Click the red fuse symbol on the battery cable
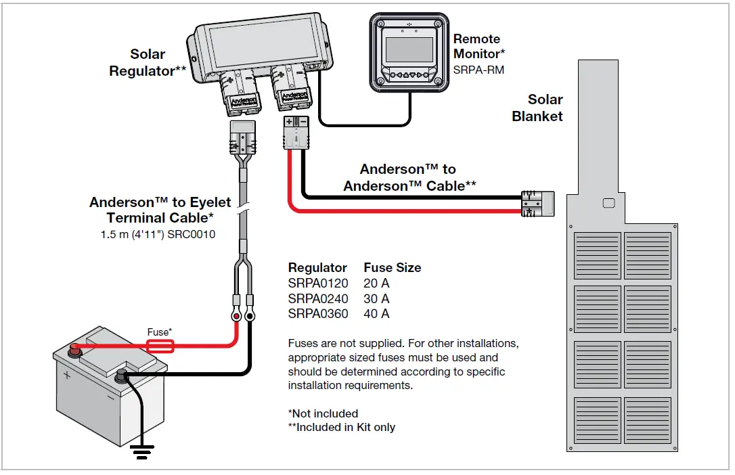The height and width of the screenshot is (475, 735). point(160,346)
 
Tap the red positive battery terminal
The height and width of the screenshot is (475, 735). point(74,349)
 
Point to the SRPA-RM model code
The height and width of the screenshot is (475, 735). point(478,70)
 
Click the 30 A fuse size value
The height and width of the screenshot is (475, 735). point(376,298)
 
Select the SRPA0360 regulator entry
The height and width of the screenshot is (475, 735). point(318,314)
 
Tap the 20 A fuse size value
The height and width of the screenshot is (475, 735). point(376,283)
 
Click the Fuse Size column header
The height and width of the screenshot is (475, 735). point(393,267)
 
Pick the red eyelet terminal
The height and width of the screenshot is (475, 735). point(236,316)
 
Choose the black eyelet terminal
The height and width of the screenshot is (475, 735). point(250,316)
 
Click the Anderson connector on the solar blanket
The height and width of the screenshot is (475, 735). point(538,204)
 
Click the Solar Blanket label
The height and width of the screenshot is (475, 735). point(537,108)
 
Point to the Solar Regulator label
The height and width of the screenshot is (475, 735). point(148,62)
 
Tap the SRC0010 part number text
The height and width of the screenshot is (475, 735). point(192,234)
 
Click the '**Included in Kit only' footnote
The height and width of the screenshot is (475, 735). point(342,427)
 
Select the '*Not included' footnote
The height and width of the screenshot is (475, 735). point(323,413)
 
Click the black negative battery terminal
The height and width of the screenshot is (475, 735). point(121,376)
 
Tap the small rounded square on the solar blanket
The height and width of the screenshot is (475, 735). point(608,203)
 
